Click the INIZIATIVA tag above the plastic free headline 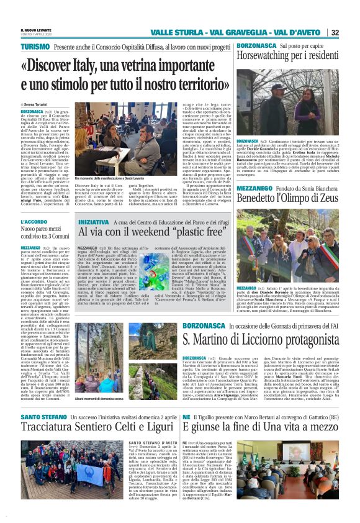point(92,222)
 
